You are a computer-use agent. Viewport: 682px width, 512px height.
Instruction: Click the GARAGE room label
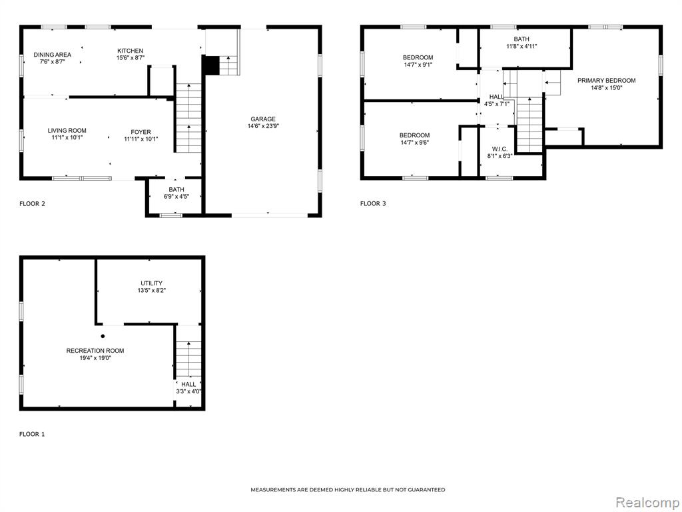coord(262,119)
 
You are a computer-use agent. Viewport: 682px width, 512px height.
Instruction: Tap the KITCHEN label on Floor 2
coord(130,51)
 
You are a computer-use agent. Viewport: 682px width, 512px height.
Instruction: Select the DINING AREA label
coord(52,55)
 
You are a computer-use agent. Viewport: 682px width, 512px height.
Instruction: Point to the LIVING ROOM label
coord(67,131)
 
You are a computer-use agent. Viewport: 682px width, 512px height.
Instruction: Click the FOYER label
coord(141,132)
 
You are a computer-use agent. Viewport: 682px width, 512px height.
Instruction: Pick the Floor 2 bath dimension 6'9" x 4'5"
coord(176,197)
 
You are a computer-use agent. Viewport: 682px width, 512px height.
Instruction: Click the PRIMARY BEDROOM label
coord(606,81)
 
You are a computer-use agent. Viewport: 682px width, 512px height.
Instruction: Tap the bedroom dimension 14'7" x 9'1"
coord(418,65)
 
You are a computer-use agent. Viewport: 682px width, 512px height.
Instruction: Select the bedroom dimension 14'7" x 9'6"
coord(414,143)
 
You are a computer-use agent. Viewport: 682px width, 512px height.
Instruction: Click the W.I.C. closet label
coord(500,149)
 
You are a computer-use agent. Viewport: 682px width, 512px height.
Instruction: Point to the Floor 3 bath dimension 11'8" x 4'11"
coord(521,46)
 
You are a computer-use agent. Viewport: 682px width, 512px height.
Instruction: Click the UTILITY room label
coord(151,283)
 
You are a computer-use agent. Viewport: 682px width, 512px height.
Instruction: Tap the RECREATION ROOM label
coord(95,351)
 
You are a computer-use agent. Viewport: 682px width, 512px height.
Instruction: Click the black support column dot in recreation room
coord(103,336)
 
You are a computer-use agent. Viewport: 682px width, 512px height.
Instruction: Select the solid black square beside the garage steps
coord(211,65)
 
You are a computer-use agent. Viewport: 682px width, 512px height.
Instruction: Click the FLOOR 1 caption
coord(32,434)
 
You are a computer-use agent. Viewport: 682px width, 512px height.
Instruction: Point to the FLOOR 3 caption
coord(373,203)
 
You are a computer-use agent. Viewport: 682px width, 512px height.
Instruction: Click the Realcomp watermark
coord(647,502)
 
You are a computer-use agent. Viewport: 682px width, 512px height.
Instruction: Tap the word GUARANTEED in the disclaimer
coord(428,490)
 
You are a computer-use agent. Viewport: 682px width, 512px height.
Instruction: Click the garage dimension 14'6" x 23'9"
coord(262,126)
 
